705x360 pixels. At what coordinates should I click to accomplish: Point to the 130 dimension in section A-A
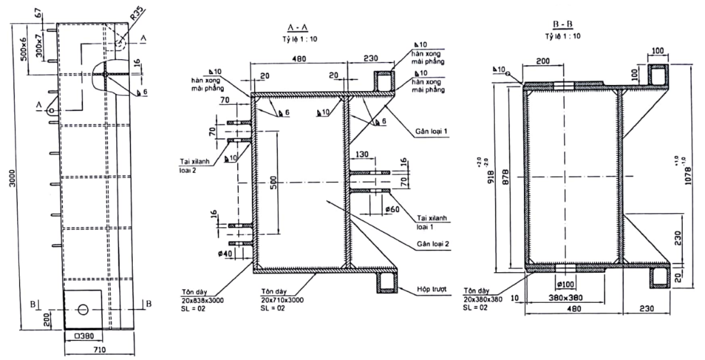click(363, 154)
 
